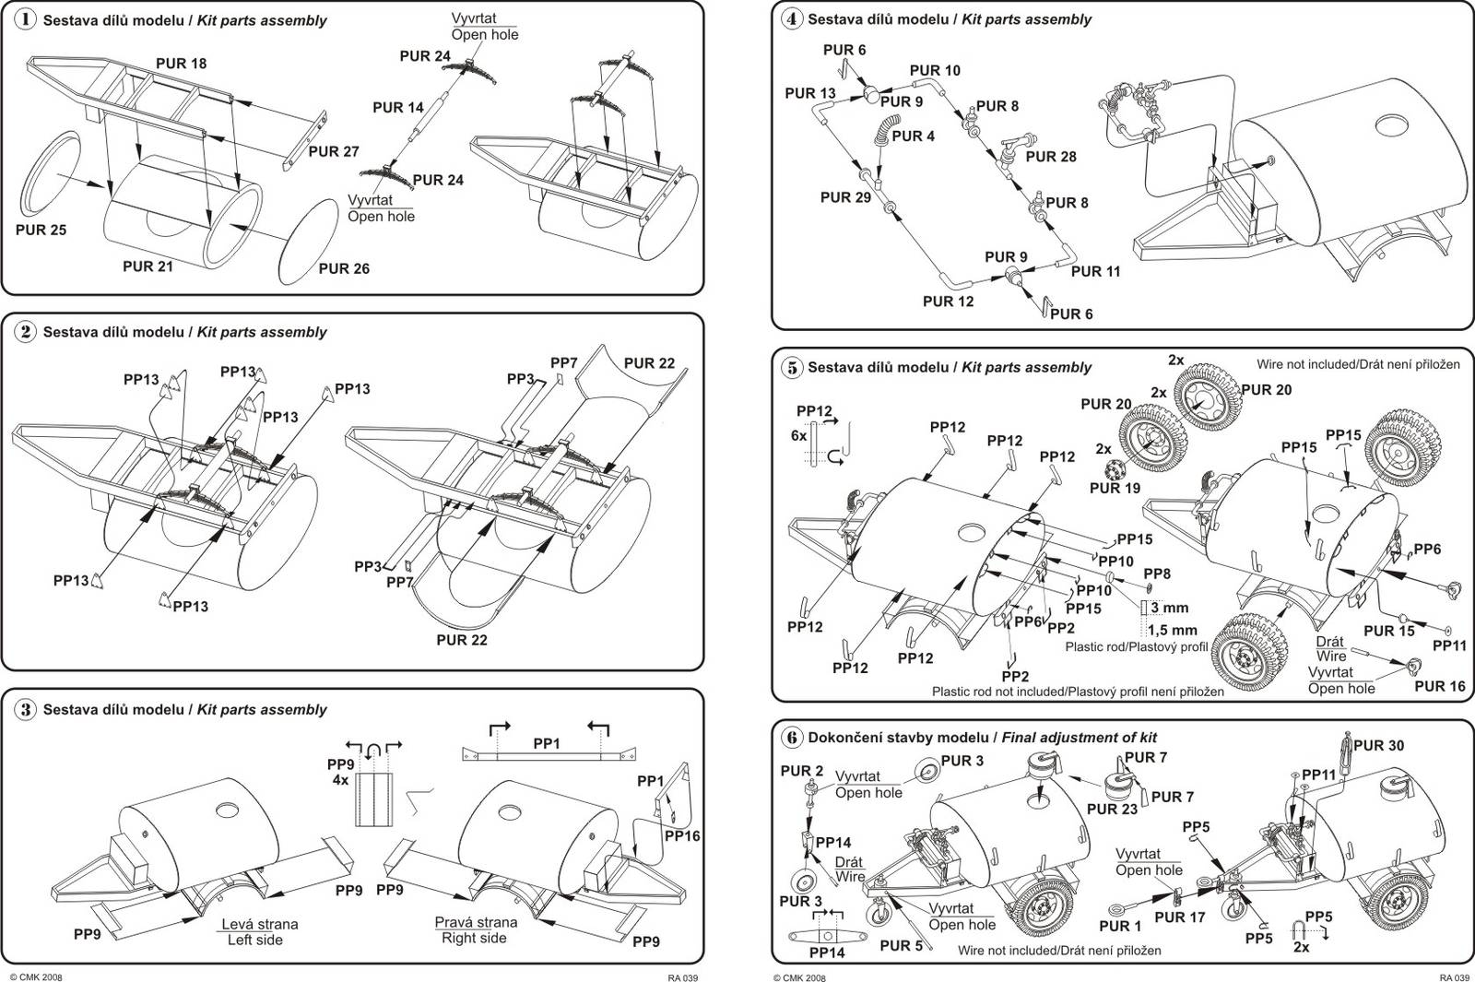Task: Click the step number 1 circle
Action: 26,19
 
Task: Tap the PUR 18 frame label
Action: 181,64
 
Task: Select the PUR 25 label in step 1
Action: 41,230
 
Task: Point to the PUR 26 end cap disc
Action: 308,241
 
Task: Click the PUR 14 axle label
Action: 398,108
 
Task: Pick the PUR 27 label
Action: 333,151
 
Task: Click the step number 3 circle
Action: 26,709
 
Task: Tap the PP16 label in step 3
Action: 682,835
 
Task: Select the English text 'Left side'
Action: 254,940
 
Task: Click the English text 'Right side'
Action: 474,938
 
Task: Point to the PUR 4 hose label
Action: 913,136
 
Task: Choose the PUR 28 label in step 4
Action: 1050,157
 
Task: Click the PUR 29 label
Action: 845,197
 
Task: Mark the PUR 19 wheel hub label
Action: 1115,488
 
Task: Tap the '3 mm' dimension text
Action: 1169,608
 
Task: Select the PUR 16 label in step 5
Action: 1439,686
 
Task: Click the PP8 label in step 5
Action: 1157,574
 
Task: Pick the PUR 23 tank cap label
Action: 1112,809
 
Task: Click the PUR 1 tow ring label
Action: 1119,925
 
